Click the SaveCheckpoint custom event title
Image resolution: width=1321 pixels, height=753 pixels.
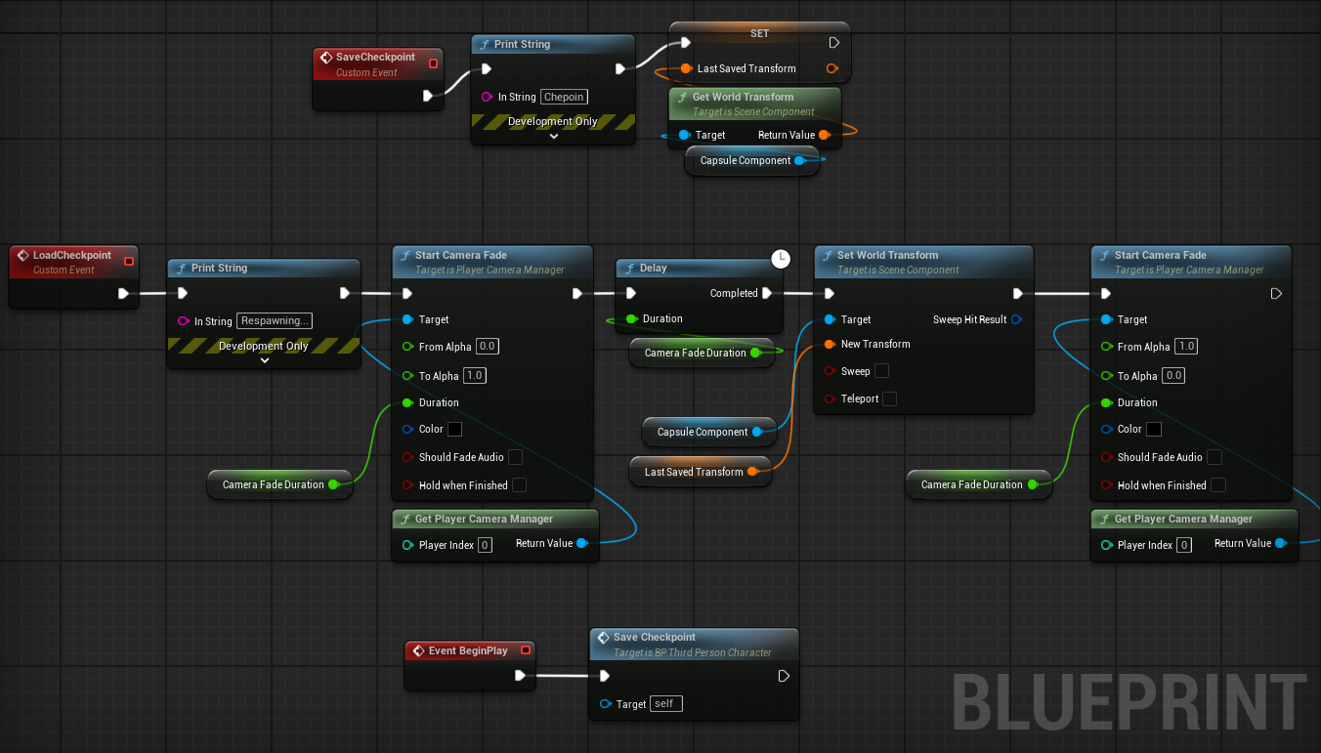pyautogui.click(x=375, y=58)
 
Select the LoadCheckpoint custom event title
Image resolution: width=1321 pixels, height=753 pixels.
pyautogui.click(x=71, y=256)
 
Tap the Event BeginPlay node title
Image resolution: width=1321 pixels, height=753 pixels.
pyautogui.click(x=468, y=650)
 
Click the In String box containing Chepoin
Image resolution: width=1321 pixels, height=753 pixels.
pyautogui.click(x=564, y=97)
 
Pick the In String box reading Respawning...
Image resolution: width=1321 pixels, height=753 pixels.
pyautogui.click(x=275, y=320)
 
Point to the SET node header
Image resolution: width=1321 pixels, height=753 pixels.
pyautogui.click(x=759, y=33)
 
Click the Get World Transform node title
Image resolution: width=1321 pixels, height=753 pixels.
pyautogui.click(x=743, y=97)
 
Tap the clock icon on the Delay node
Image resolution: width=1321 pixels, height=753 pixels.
pyautogui.click(x=781, y=259)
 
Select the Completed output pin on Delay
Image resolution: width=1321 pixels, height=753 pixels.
pyautogui.click(x=767, y=293)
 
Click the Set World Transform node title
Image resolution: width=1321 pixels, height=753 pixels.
pyautogui.click(x=887, y=256)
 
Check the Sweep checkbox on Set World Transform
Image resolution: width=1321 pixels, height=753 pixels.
pyautogui.click(x=881, y=371)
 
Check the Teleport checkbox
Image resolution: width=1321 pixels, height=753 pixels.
pyautogui.click(x=889, y=398)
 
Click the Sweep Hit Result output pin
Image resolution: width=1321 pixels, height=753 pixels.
pyautogui.click(x=1016, y=319)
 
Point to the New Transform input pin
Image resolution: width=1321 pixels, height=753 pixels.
pyautogui.click(x=830, y=344)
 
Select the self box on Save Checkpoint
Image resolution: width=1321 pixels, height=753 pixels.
pyautogui.click(x=663, y=703)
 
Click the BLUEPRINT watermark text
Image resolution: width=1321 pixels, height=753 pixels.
pyautogui.click(x=1129, y=702)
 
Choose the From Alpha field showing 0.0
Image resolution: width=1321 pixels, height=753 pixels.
pyautogui.click(x=487, y=347)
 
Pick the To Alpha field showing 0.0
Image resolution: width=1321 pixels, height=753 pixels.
pyautogui.click(x=1173, y=376)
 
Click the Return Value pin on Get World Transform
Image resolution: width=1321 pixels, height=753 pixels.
pyautogui.click(x=824, y=135)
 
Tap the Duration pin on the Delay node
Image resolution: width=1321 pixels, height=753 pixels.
pyautogui.click(x=631, y=319)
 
